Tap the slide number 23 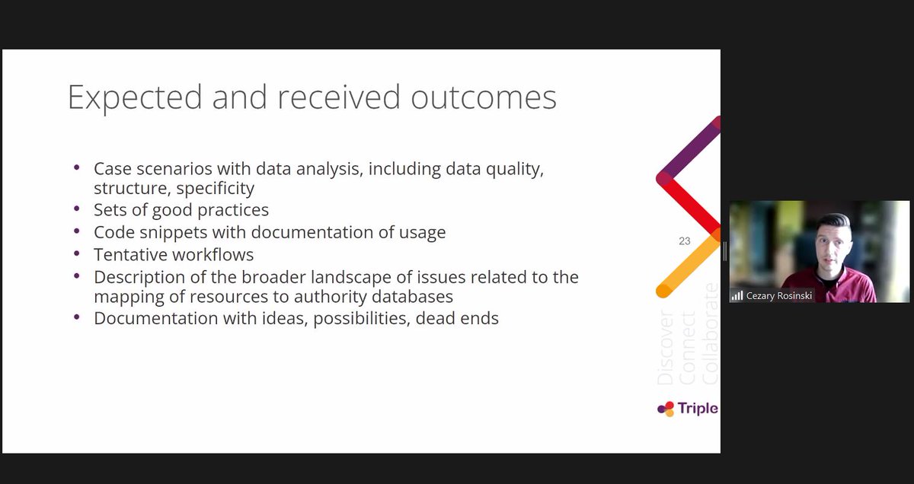684,240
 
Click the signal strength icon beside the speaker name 737,295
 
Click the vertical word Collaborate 710,333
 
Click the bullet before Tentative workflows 76,253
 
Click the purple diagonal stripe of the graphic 690,150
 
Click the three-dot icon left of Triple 666,409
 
